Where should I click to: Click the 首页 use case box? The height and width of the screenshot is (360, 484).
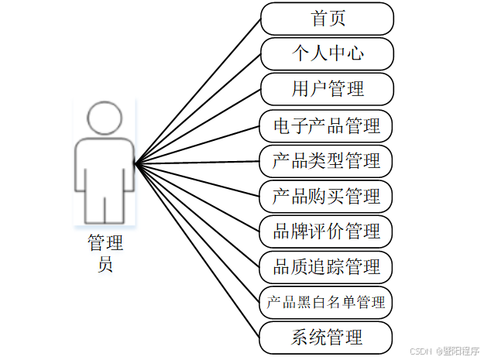pyautogui.click(x=327, y=19)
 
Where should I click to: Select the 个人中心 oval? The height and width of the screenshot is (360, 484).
pyautogui.click(x=327, y=53)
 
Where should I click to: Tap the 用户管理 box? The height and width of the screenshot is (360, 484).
pyautogui.click(x=327, y=88)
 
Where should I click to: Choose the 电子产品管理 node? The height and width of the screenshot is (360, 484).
pyautogui.click(x=327, y=125)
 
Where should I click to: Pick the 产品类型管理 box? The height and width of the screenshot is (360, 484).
pyautogui.click(x=327, y=160)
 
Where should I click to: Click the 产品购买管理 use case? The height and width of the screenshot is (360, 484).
pyautogui.click(x=327, y=195)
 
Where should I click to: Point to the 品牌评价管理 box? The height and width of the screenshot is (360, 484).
pyautogui.click(x=327, y=231)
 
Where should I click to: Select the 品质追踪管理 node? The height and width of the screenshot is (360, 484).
pyautogui.click(x=327, y=266)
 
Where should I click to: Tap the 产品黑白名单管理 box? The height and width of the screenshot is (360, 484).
pyautogui.click(x=326, y=302)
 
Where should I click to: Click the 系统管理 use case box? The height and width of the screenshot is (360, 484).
pyautogui.click(x=327, y=337)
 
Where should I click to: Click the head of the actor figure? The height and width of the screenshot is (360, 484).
pyautogui.click(x=105, y=118)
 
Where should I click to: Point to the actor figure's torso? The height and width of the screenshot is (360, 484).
pyautogui.click(x=105, y=166)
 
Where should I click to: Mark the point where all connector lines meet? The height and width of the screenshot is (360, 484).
pyautogui.click(x=136, y=163)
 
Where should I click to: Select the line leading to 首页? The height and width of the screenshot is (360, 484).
pyautogui.click(x=197, y=91)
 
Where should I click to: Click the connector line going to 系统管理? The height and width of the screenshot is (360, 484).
pyautogui.click(x=197, y=251)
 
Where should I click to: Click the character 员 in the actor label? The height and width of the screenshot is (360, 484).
pyautogui.click(x=105, y=265)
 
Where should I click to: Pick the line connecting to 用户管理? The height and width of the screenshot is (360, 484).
pyautogui.click(x=197, y=125)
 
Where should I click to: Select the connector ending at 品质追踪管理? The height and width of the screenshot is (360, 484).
pyautogui.click(x=197, y=214)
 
